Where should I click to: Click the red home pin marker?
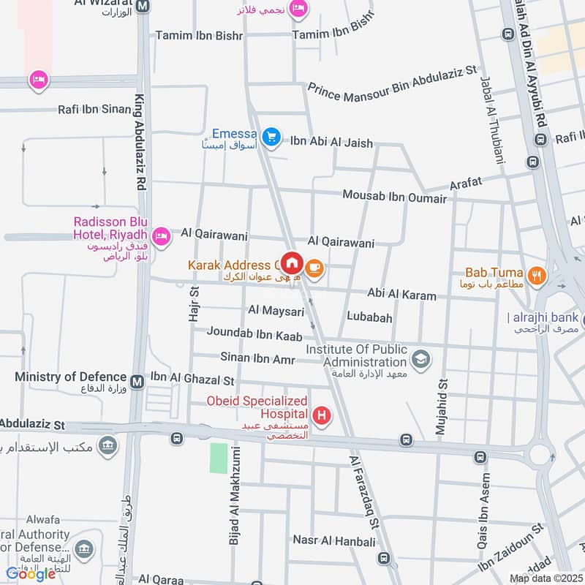pyautogui.click(x=292, y=263)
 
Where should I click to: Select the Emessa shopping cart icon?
pyautogui.click(x=272, y=137)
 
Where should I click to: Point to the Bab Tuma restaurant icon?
pyautogui.click(x=537, y=276)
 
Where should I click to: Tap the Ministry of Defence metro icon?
pyautogui.click(x=137, y=380)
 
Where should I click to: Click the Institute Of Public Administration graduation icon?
pyautogui.click(x=420, y=358)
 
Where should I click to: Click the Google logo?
pyautogui.click(x=31, y=574)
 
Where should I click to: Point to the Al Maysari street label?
pyautogui.click(x=276, y=312)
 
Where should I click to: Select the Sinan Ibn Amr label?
pyautogui.click(x=257, y=358)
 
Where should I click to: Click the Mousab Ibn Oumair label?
pyautogui.click(x=395, y=197)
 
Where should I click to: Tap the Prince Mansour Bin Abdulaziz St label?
pyautogui.click(x=392, y=84)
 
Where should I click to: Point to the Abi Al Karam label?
pyautogui.click(x=401, y=295)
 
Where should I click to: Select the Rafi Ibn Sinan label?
pyautogui.click(x=96, y=110)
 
